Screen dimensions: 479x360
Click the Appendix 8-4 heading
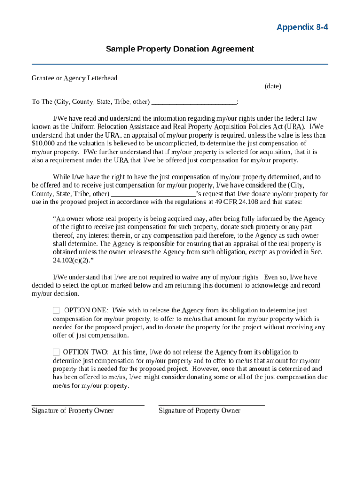click(302, 27)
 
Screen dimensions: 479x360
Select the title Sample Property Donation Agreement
click(180, 49)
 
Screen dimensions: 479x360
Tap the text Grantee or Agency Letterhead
click(74, 78)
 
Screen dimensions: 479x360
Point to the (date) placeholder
click(273, 86)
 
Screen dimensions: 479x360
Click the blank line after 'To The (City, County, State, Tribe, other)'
click(194, 102)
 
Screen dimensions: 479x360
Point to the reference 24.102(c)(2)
click(70, 261)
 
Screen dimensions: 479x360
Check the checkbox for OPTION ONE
click(56, 311)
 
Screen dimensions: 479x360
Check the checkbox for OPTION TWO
click(56, 352)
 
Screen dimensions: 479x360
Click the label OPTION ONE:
click(86, 311)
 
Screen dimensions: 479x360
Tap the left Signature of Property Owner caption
click(72, 411)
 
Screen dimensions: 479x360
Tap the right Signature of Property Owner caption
click(200, 411)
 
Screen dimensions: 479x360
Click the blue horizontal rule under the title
click(180, 64)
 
